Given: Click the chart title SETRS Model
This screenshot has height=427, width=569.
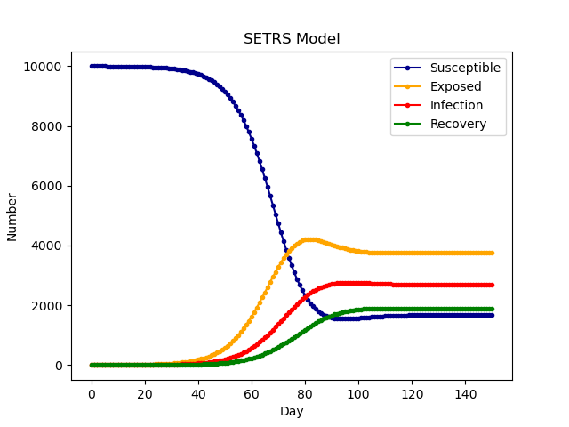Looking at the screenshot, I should click(x=292, y=39).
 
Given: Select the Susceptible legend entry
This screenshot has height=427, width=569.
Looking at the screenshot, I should click(x=465, y=68).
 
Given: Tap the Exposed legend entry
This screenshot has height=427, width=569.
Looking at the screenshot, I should click(x=455, y=86).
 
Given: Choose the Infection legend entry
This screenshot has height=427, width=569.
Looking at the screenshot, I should click(x=456, y=105).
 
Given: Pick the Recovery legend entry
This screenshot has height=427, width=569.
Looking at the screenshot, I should click(x=458, y=124).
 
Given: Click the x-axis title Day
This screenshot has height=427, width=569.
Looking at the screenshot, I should click(x=292, y=412).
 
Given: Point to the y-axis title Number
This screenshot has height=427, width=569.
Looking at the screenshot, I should click(x=12, y=216).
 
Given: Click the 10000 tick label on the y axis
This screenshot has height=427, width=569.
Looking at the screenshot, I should click(x=43, y=67).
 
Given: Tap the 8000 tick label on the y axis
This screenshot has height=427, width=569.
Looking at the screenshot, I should click(x=46, y=126).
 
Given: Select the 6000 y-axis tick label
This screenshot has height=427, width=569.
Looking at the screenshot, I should click(x=46, y=186).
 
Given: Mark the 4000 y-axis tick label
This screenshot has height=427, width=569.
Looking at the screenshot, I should click(x=46, y=246).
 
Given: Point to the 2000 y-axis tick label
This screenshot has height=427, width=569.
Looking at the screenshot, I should click(x=46, y=305).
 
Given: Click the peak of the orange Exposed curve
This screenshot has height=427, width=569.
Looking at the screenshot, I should click(x=308, y=239).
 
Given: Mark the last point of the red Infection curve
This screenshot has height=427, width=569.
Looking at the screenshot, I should click(x=492, y=286).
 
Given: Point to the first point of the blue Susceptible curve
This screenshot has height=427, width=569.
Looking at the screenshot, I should click(x=92, y=66).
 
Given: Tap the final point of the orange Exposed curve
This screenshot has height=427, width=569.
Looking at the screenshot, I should click(x=492, y=253).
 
